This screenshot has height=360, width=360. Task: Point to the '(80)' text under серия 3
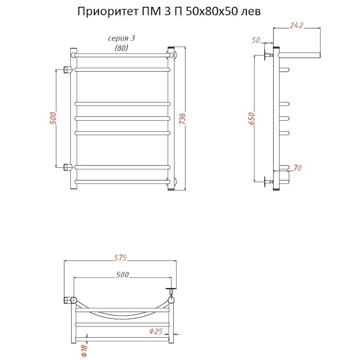click(x=122, y=48)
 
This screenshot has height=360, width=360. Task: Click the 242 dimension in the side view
click(x=296, y=25)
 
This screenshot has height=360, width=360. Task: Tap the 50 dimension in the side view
click(x=256, y=40)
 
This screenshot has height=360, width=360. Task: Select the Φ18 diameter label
click(x=84, y=350)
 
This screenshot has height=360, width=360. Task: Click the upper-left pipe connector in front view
click(x=68, y=70)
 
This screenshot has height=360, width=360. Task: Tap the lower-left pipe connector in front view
click(x=68, y=166)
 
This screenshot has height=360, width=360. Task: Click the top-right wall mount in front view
click(x=172, y=54)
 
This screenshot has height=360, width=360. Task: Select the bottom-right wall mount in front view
click(x=172, y=182)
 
